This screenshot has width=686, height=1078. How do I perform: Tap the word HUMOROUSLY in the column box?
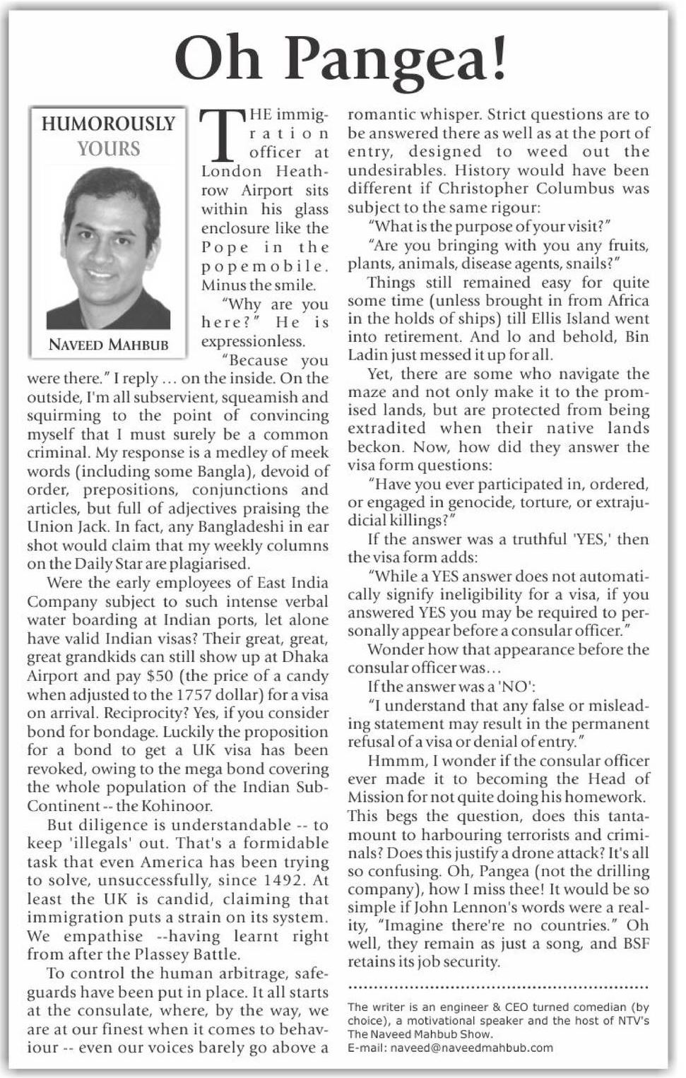108,124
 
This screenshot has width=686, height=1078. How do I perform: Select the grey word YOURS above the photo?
109,148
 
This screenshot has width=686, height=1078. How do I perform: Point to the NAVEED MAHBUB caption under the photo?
108,345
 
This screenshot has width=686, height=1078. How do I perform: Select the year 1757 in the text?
195,694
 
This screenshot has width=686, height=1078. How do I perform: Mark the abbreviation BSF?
634,944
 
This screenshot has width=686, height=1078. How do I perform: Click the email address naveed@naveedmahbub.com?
450,1048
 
